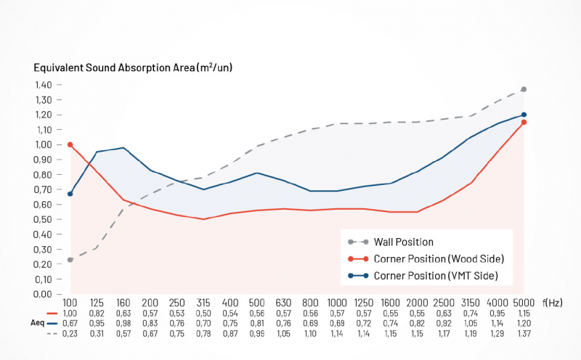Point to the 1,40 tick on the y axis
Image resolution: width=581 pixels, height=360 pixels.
(43, 84)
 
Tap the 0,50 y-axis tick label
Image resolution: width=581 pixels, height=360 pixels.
(43, 219)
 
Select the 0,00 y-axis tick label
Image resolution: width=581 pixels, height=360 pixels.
(43, 294)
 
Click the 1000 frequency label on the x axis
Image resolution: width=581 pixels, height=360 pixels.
(336, 303)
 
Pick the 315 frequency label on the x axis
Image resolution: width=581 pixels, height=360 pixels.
(203, 303)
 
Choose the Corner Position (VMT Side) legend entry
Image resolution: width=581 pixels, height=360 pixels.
(436, 276)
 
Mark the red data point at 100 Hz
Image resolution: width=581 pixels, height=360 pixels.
(70, 144)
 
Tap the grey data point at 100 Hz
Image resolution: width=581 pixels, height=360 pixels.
(70, 260)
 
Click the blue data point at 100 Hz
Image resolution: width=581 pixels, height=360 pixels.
(70, 194)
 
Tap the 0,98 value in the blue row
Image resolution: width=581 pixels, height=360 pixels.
(123, 322)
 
